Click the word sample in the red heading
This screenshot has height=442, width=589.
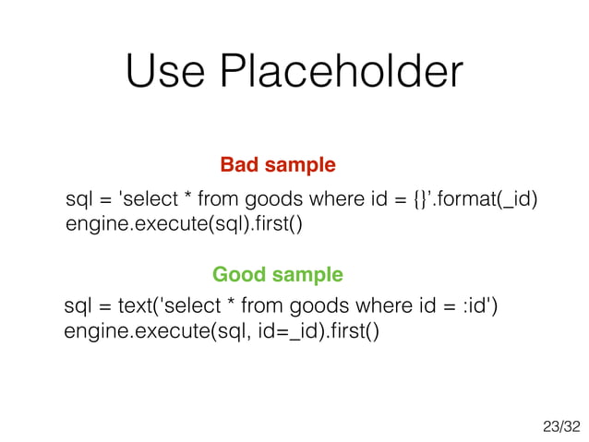click(301, 166)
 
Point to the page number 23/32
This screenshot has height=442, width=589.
click(561, 426)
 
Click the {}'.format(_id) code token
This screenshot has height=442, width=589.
click(474, 200)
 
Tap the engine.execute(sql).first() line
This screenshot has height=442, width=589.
click(184, 224)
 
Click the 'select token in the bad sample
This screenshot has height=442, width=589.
click(147, 200)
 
